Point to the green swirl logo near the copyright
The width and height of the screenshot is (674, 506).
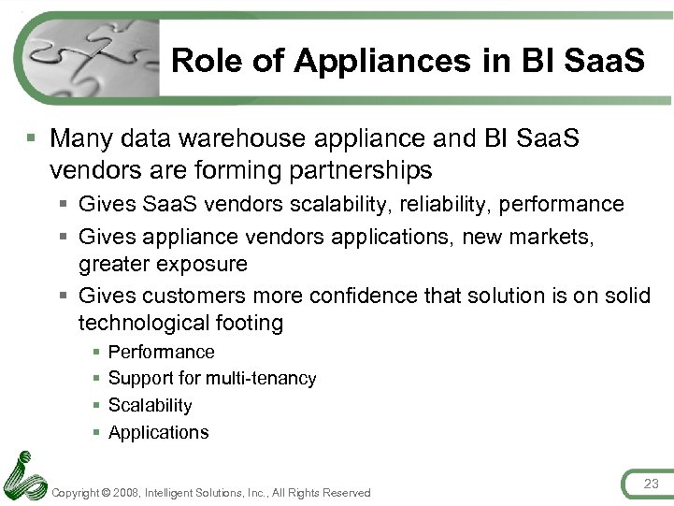[x=25, y=476]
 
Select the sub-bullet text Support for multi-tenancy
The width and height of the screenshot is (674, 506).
[x=212, y=379]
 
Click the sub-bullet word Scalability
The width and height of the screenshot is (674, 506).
[x=150, y=405]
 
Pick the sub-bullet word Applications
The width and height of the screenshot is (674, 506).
[x=158, y=432]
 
